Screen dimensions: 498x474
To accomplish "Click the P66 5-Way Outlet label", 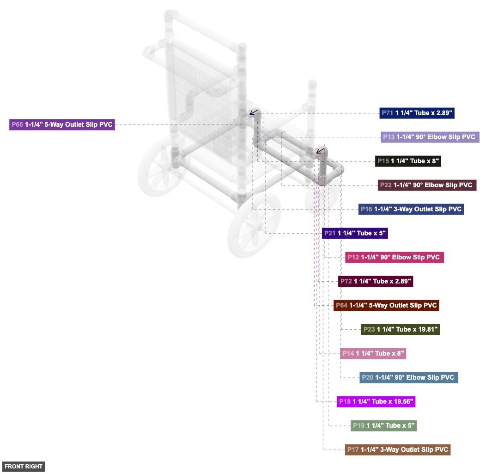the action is (x=62, y=124).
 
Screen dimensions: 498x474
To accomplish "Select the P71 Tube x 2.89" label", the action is (x=417, y=113).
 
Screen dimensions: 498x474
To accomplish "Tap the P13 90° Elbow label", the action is (x=430, y=137).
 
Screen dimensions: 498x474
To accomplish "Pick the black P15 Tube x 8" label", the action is (x=408, y=161).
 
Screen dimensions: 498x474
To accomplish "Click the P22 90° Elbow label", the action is (x=427, y=185).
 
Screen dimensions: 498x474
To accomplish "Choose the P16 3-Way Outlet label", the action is (x=411, y=209).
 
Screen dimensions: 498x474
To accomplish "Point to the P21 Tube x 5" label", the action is (x=355, y=234).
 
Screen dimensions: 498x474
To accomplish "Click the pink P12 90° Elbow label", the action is (x=395, y=257).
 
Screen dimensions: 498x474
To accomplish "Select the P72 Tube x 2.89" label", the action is (x=376, y=281).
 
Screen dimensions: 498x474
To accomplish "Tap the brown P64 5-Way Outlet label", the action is (x=386, y=306).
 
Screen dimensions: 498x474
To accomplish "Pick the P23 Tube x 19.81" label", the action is (x=400, y=329).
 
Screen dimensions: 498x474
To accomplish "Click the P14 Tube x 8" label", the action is (x=373, y=353).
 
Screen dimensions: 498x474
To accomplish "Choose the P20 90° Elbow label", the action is (x=409, y=378).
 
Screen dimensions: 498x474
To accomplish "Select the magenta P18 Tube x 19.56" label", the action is (x=376, y=401).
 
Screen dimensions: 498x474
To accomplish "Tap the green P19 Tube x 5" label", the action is (x=383, y=426).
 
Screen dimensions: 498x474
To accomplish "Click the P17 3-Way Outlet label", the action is (x=398, y=449).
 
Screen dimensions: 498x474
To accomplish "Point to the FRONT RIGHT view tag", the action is (x=24, y=467).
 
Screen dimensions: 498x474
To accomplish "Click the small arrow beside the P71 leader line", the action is (x=254, y=112).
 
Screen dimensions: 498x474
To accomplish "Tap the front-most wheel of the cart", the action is (x=254, y=224).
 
